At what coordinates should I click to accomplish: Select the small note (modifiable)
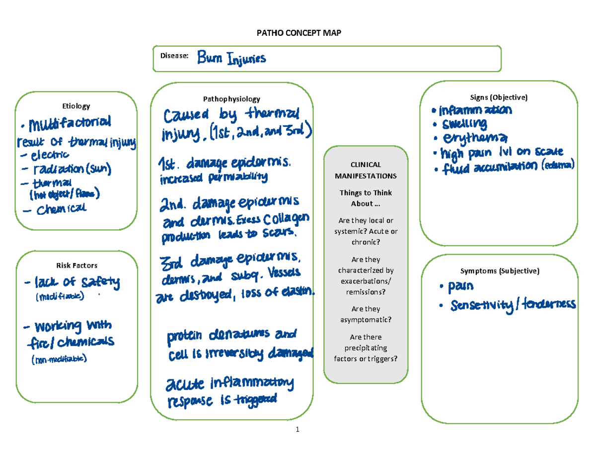(x=60, y=297)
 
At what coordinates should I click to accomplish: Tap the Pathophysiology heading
(x=231, y=99)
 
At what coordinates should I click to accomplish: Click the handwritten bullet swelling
(x=462, y=123)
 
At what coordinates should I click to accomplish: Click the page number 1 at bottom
(x=298, y=430)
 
